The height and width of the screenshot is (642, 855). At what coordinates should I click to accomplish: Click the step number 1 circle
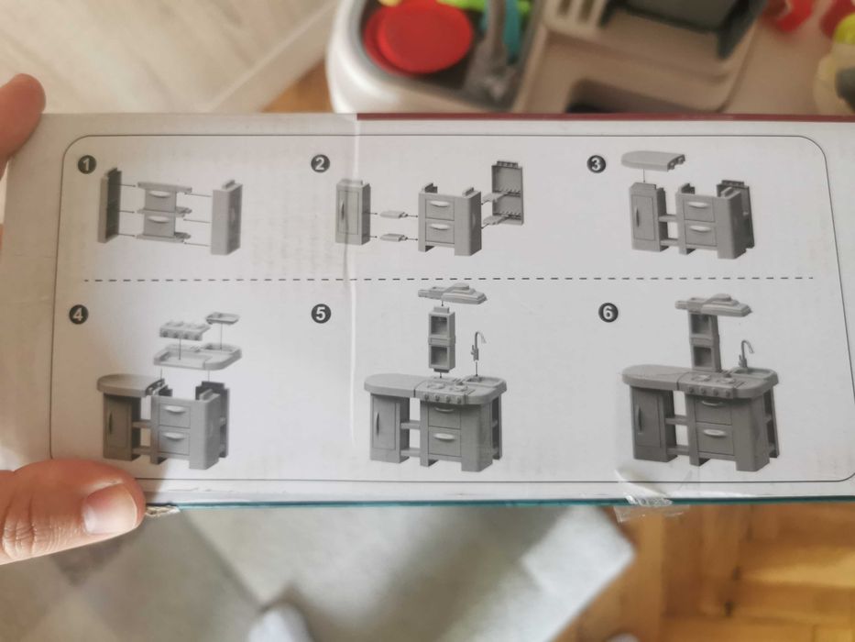click(87, 164)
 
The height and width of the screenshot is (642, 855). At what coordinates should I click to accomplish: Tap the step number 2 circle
click(320, 164)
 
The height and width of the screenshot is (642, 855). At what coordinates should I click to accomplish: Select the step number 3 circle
click(596, 164)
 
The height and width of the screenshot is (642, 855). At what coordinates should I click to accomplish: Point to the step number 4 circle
click(78, 315)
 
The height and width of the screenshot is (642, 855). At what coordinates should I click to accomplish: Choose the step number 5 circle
click(321, 314)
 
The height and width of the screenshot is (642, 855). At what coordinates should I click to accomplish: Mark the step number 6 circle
click(608, 313)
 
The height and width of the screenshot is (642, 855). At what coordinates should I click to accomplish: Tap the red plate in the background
click(419, 37)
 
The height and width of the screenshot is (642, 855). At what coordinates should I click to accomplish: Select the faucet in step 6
click(745, 354)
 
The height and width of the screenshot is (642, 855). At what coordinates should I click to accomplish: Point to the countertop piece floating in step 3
click(653, 160)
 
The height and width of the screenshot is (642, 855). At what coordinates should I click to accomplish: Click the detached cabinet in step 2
click(352, 212)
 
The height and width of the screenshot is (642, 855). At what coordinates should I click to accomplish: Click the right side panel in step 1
click(226, 217)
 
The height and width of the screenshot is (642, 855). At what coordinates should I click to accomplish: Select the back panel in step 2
click(507, 194)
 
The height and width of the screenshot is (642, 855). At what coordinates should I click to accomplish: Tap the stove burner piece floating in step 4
click(184, 328)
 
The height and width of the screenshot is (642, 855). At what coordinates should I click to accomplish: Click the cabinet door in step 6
click(647, 424)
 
